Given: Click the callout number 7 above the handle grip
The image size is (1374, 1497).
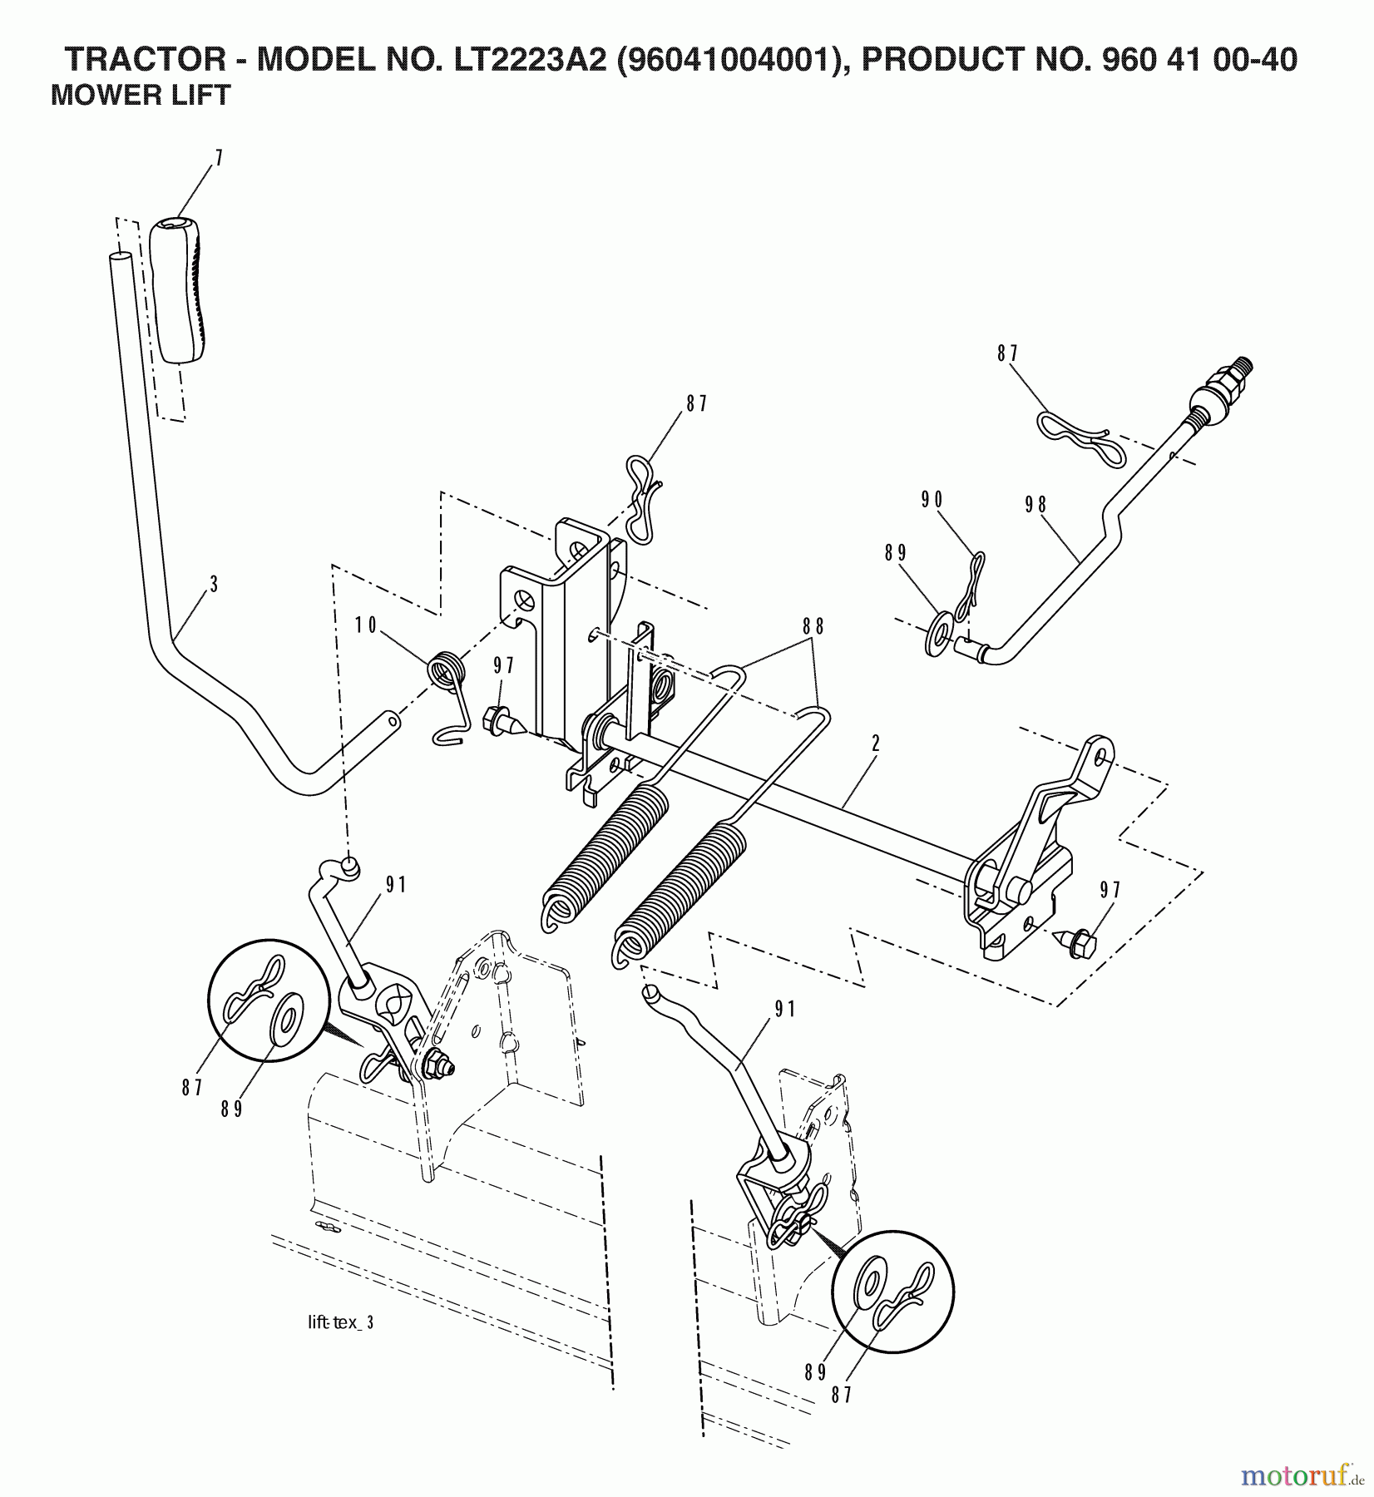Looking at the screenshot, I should tap(218, 159).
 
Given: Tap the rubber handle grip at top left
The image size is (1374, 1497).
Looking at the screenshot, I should tap(180, 290).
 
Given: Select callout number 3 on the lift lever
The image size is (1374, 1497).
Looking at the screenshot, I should tap(214, 585).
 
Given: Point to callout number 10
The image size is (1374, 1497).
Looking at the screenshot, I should tap(366, 625).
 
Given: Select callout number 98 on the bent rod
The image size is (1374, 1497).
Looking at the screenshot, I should tap(1036, 506).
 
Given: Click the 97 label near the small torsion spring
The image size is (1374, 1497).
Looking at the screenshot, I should tap(503, 665).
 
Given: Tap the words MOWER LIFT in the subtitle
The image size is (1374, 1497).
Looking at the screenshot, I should tap(140, 96).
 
